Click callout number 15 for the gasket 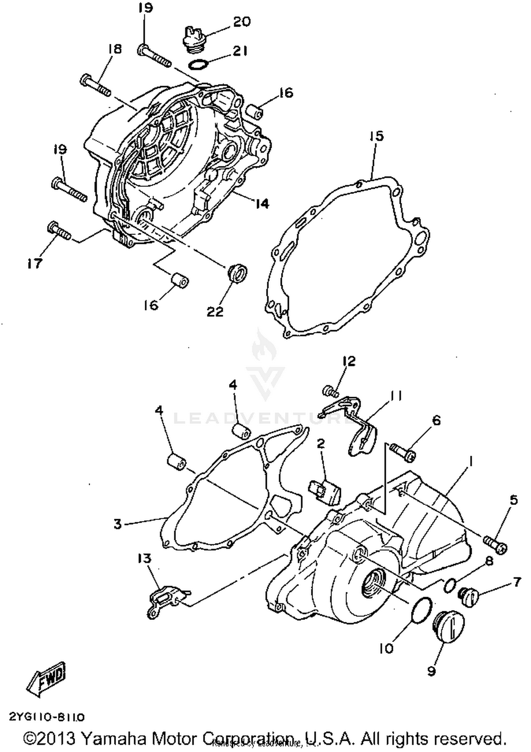coord(377,136)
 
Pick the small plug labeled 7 coord(468,597)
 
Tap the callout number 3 coord(118,524)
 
